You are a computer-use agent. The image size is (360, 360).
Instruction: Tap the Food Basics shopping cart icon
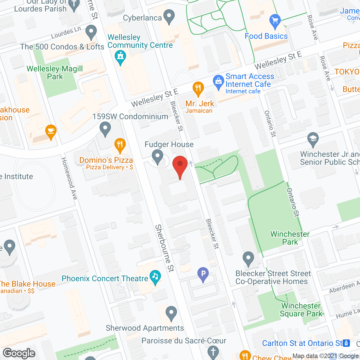(275, 21)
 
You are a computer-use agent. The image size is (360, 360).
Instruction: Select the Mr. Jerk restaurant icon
(198, 88)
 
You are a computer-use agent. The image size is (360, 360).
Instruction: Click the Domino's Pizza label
(106, 160)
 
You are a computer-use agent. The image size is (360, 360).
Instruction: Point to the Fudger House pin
(157, 156)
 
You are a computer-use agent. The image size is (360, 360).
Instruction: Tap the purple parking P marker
(203, 274)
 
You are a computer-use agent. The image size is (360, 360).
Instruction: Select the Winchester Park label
(290, 238)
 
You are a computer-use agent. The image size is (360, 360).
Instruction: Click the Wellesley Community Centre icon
(120, 56)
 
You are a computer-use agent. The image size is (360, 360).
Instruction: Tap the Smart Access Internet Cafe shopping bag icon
(218, 82)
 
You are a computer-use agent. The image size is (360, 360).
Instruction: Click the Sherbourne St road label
(165, 248)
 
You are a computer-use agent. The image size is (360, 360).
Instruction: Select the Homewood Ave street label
(69, 179)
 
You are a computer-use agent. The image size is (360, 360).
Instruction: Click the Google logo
(19, 353)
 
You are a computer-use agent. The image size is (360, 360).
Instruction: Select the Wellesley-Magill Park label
(55, 73)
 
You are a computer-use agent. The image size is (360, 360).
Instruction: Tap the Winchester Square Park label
(301, 310)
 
